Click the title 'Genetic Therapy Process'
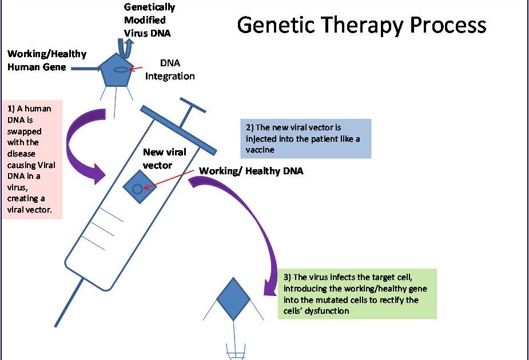pos(361,25)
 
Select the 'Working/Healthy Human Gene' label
pos(47,60)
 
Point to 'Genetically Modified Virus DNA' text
pos(149,20)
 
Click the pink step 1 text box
pos(32,160)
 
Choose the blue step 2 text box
pos(306,138)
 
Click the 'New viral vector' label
pos(165,158)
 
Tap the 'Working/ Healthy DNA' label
pos(251,171)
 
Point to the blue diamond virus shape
pos(233,296)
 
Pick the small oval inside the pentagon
pos(121,69)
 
